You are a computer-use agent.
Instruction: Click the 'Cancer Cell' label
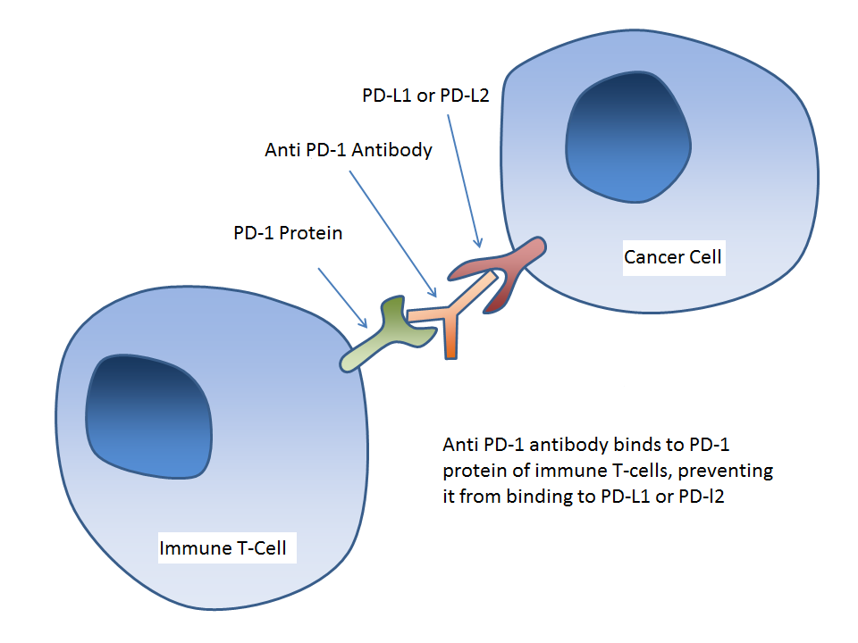[x=672, y=258]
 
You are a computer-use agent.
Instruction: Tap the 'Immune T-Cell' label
[x=223, y=547]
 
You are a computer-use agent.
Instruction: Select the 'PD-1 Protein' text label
[x=286, y=233]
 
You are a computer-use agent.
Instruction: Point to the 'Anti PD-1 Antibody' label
[x=349, y=149]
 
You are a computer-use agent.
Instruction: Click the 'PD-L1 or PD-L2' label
[x=425, y=96]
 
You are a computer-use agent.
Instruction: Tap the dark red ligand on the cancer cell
[x=500, y=268]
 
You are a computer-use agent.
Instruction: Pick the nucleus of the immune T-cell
[x=148, y=414]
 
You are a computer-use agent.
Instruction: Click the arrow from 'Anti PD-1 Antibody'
[x=393, y=232]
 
